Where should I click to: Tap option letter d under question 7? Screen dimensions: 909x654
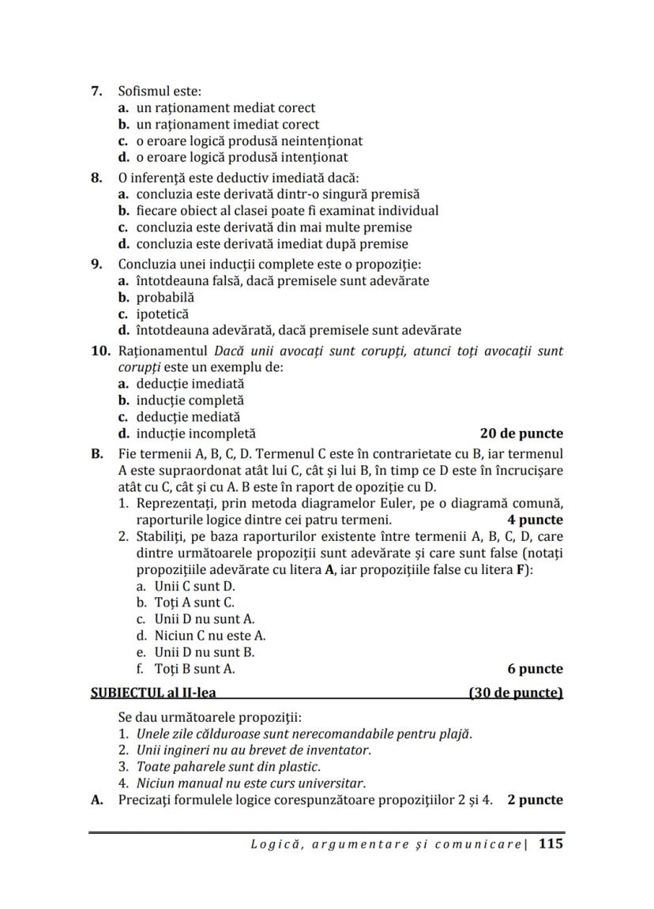click(x=124, y=157)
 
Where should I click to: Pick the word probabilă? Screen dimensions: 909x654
click(x=165, y=298)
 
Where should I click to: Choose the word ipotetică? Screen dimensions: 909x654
click(x=163, y=314)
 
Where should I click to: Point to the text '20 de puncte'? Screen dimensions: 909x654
click(x=521, y=434)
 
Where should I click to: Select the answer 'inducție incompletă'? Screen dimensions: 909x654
click(x=196, y=434)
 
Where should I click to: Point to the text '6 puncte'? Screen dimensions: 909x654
click(x=535, y=669)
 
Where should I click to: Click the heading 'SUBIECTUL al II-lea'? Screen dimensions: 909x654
click(x=154, y=693)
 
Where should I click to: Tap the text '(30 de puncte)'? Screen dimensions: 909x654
click(x=516, y=693)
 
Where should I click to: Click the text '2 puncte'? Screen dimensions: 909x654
click(x=535, y=800)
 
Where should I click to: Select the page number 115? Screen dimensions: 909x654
click(x=551, y=844)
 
